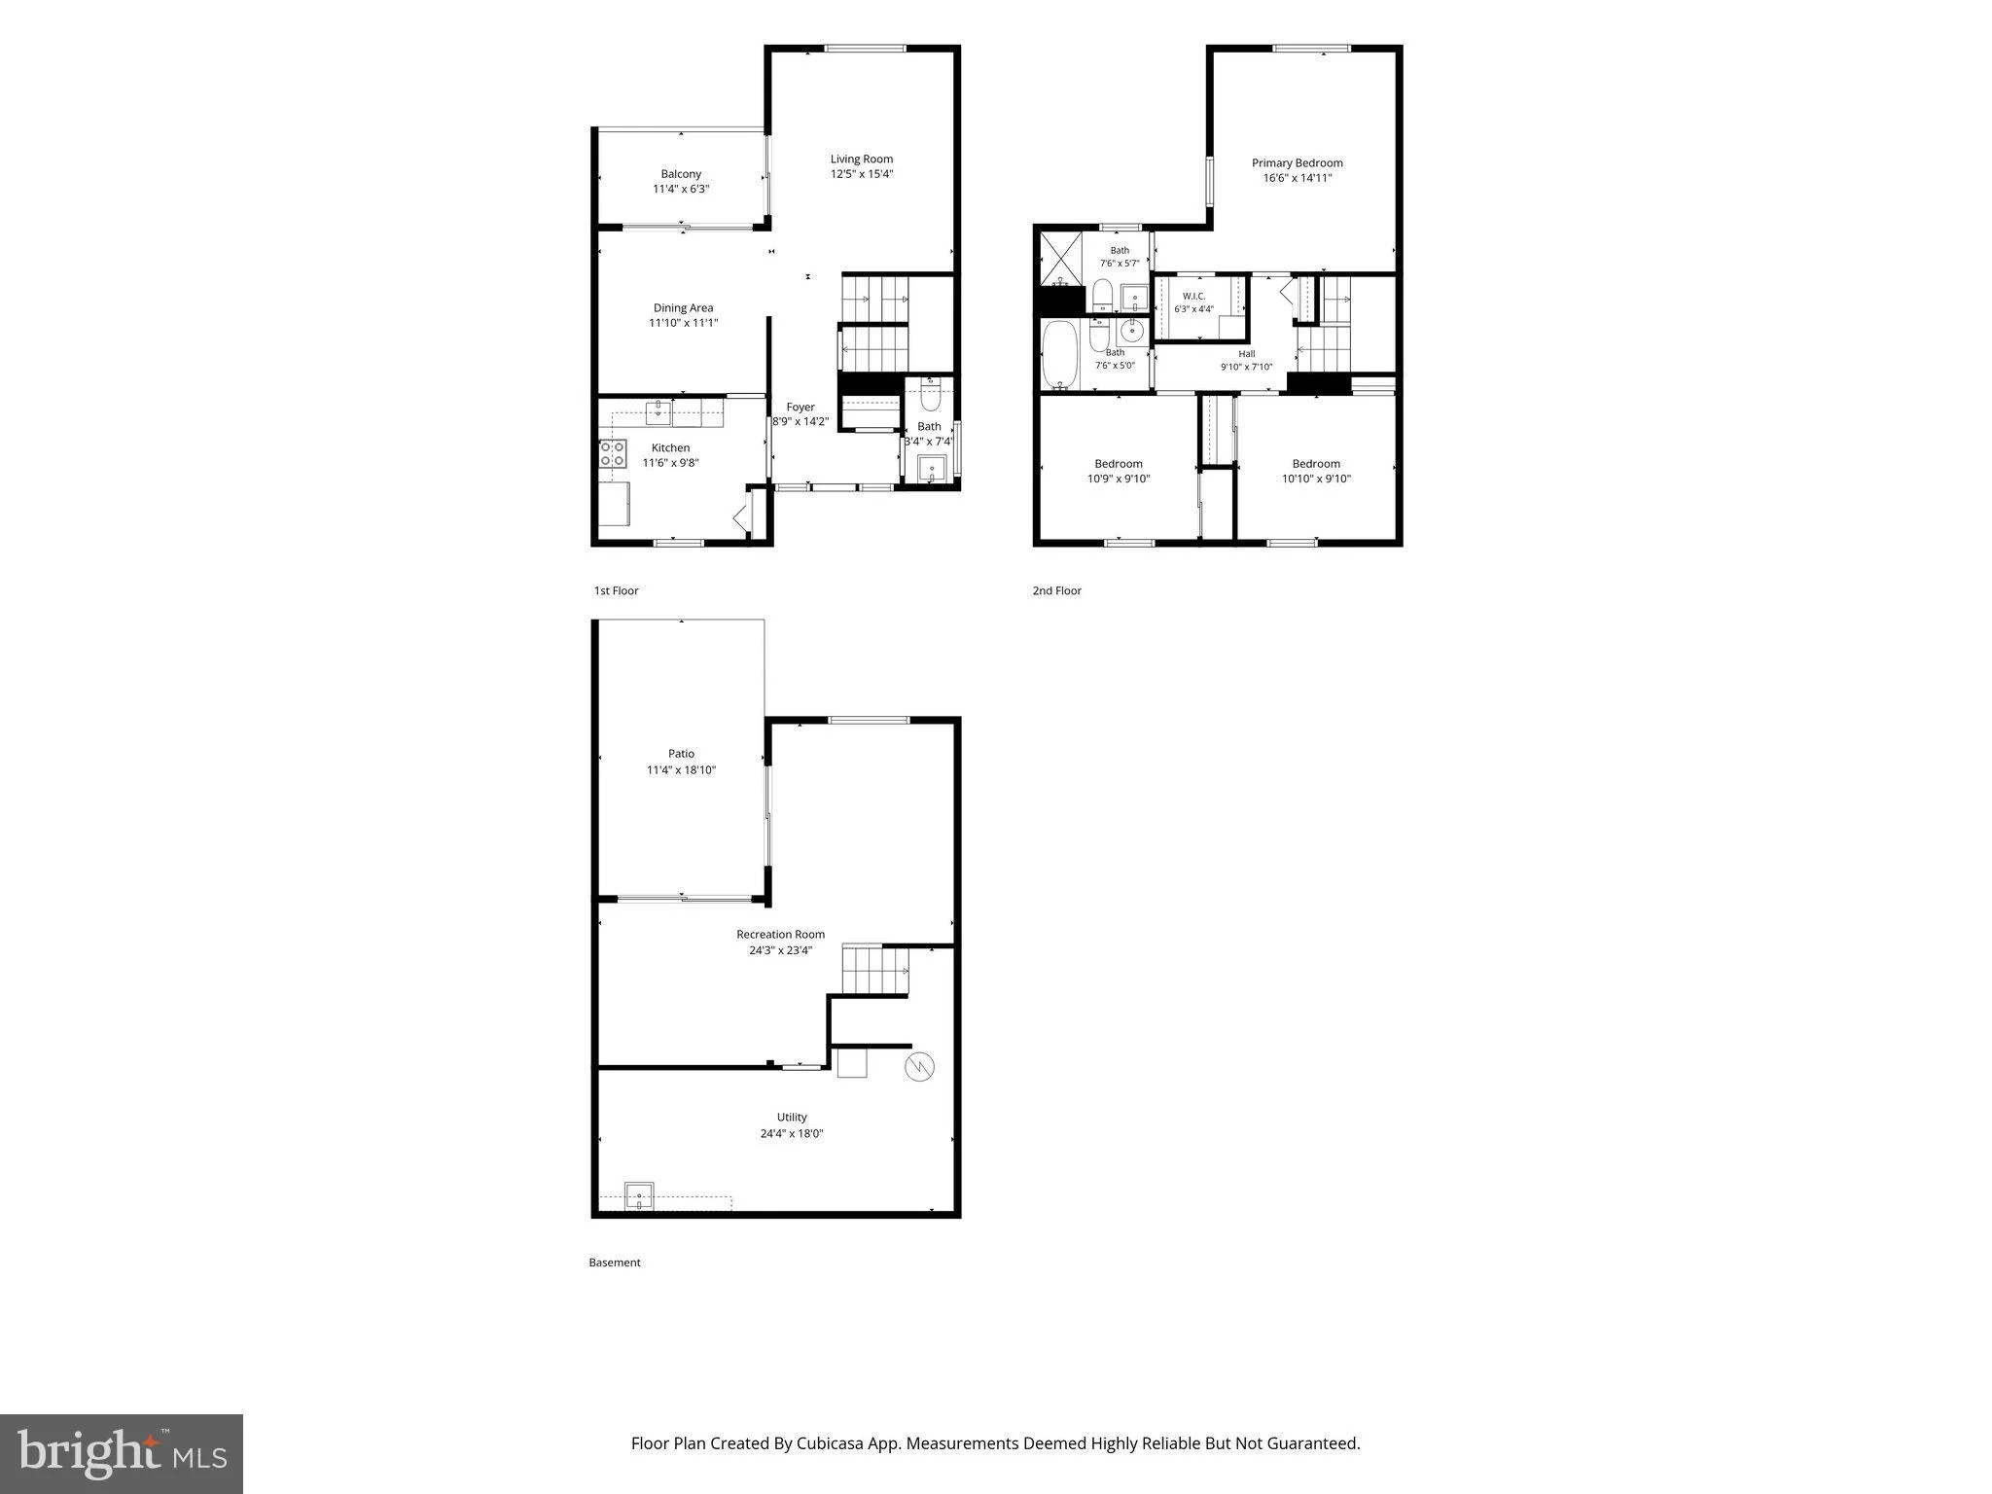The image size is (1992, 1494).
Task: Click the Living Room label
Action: [x=861, y=159]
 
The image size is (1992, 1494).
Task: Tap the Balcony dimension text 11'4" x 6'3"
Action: [x=681, y=189]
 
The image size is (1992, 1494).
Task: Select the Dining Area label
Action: [x=683, y=307]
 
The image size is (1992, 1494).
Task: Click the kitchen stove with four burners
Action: [x=613, y=453]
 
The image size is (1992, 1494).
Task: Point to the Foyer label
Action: [x=800, y=407]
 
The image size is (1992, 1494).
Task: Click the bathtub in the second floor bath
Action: [x=1060, y=355]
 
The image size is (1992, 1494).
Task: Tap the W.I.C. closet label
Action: [x=1193, y=296]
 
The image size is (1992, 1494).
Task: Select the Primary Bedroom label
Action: [x=1297, y=162]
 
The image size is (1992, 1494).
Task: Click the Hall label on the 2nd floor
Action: [x=1247, y=354]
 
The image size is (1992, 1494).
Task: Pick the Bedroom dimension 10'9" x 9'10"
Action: [x=1119, y=479]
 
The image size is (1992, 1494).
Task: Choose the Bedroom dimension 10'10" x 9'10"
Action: [x=1316, y=479]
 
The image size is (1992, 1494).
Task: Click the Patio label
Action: [x=681, y=753]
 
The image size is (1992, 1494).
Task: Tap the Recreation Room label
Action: [x=780, y=934]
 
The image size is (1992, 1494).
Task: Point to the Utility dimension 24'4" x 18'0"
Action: [x=792, y=1133]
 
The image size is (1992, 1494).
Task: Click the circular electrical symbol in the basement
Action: [x=920, y=1067]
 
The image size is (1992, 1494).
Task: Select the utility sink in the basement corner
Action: [x=639, y=1196]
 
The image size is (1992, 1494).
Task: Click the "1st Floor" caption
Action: [x=616, y=590]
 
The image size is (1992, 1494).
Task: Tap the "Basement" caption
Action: [x=615, y=1263]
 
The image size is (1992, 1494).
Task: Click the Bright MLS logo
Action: [x=122, y=1453]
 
